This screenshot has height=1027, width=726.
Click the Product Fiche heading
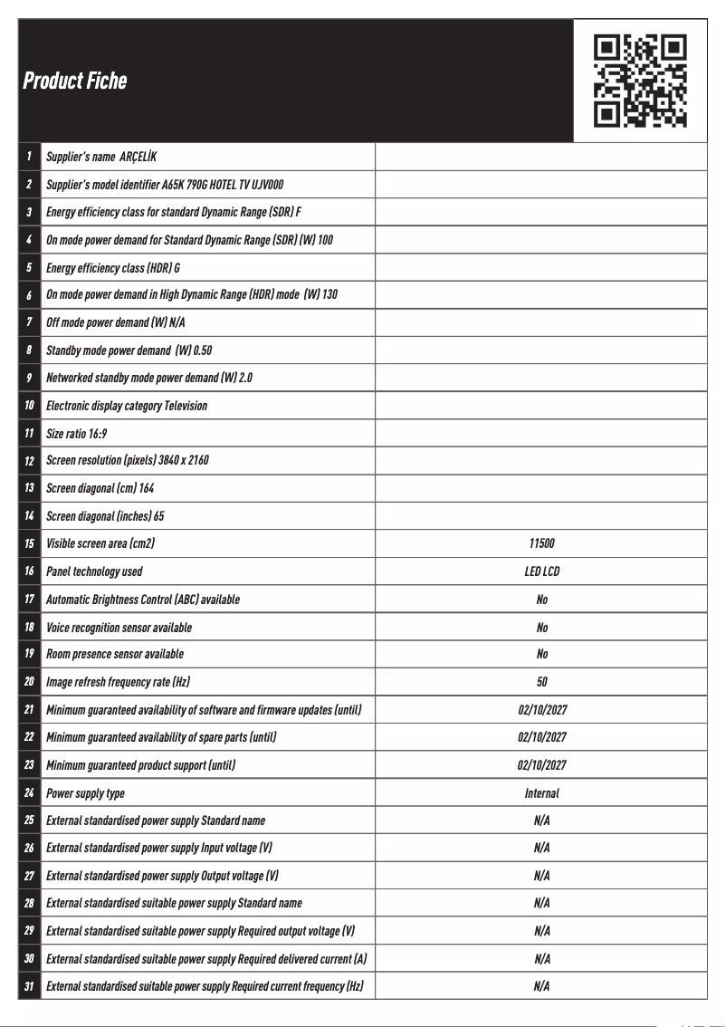pos(75,81)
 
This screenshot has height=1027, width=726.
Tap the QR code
pos(640,81)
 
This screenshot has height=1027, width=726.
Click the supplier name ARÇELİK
pos(139,157)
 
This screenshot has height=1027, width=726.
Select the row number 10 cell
pos(29,406)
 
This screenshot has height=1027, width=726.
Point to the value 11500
pos(541,543)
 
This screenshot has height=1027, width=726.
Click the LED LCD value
pos(541,571)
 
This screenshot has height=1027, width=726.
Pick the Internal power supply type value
pos(541,793)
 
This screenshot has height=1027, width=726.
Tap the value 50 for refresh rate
pos(541,682)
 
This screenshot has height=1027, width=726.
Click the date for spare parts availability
pos(541,737)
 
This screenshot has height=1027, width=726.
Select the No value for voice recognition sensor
pos(541,628)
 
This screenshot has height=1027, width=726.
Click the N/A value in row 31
pos(541,986)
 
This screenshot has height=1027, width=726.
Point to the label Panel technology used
pos(94,571)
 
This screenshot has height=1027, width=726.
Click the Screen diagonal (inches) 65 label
pos(105,516)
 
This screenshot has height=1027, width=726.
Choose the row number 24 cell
pos(29,793)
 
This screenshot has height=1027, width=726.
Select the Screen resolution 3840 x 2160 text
pos(128,460)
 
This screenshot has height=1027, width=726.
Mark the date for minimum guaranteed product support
pos(541,765)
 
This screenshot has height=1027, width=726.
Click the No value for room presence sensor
pos(541,654)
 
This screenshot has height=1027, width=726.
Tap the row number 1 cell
pos(29,157)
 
